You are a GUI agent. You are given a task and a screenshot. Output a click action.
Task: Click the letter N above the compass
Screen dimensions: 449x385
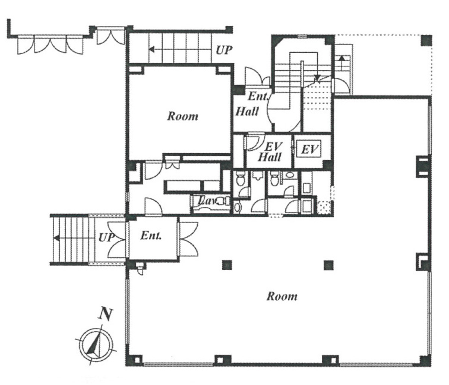106,314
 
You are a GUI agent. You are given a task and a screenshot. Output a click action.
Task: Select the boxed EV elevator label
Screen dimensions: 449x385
309,149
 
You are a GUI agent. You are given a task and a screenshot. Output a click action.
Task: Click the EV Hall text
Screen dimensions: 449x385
270,152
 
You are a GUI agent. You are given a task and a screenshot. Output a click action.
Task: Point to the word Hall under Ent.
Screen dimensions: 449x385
247,111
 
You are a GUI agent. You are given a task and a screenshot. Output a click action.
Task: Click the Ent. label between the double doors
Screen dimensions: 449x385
151,236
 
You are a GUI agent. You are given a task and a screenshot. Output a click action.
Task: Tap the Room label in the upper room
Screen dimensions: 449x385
183,116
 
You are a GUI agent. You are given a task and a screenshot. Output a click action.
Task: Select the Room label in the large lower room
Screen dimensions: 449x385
282,296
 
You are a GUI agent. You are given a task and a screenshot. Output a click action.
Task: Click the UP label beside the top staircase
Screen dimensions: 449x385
224,50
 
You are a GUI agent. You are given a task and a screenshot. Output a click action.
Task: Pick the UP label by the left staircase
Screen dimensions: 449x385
106,238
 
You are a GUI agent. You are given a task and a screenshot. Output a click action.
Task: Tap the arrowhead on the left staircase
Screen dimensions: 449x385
57,238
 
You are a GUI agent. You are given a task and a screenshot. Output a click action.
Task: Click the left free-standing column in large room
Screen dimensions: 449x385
227,265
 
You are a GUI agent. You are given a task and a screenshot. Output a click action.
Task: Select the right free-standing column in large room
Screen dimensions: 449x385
329,265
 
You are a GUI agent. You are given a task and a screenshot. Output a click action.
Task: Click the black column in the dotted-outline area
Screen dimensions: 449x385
426,40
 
